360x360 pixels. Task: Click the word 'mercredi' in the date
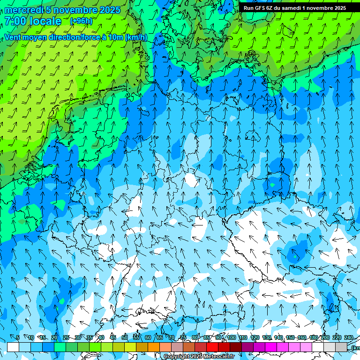(24, 10)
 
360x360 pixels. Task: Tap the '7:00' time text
(15, 21)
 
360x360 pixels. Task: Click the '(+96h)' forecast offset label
(81, 21)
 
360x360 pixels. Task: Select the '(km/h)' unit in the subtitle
(135, 37)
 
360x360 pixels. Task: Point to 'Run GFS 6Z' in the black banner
(258, 8)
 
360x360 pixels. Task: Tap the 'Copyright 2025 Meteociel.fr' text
(199, 357)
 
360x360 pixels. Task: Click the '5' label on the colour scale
(18, 338)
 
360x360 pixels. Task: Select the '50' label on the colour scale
(124, 338)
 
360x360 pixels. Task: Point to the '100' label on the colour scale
(231, 338)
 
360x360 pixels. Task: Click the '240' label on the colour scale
(348, 338)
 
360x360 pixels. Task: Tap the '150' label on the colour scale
(290, 338)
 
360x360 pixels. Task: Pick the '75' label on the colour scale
(183, 338)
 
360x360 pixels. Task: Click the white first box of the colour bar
(13, 347)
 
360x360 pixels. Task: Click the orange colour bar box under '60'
(154, 347)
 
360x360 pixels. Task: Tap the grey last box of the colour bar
(341, 347)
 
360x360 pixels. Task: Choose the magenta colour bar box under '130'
(271, 347)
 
